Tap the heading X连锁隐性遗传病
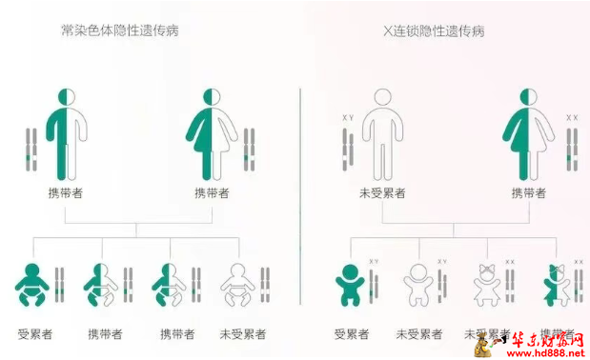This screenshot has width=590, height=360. click(x=433, y=30)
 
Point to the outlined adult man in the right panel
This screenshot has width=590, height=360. click(x=382, y=133)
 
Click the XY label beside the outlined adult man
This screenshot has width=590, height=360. click(x=348, y=117)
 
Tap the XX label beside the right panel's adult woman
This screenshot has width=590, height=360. click(x=572, y=117)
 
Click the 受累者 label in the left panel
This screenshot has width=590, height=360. click(x=34, y=334)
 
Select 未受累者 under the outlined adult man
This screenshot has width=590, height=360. click(x=382, y=192)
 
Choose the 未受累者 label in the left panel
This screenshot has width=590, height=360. click(x=242, y=334)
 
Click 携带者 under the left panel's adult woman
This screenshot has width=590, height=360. click(x=212, y=192)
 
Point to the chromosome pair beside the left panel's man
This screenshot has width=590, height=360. click(x=31, y=150)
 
